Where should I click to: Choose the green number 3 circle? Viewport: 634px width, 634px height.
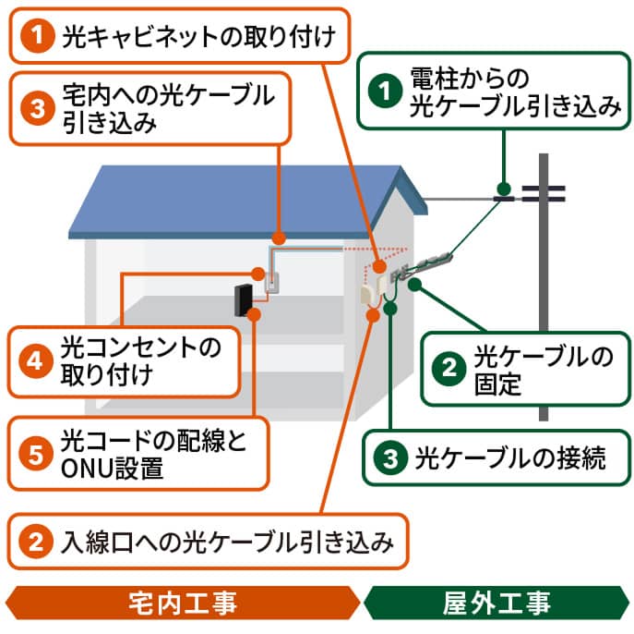click(x=390, y=457)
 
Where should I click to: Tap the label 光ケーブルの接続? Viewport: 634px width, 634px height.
click(x=510, y=457)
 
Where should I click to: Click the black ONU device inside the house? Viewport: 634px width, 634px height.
click(x=243, y=301)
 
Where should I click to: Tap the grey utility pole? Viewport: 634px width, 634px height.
click(x=544, y=305)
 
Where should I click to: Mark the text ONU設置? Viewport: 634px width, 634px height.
click(x=112, y=469)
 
